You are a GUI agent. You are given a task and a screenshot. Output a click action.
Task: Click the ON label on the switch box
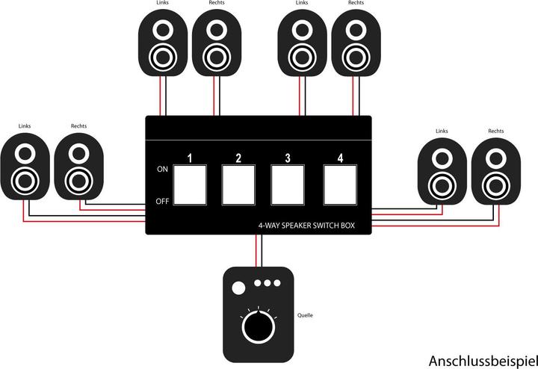(x=162, y=170)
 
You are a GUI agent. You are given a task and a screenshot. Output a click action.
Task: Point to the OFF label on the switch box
(x=162, y=201)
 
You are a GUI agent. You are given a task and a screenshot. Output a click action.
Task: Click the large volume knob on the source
(x=256, y=327)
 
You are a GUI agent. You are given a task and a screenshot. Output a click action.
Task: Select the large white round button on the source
(x=238, y=288)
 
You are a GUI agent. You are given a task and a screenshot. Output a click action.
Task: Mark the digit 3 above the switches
(x=288, y=158)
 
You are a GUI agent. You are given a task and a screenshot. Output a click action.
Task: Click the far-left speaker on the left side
(x=25, y=169)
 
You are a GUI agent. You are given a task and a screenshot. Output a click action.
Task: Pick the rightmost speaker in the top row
(x=356, y=45)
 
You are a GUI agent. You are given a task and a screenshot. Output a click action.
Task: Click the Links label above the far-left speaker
(x=24, y=125)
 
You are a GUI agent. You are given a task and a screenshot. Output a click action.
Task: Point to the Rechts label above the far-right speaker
(x=495, y=131)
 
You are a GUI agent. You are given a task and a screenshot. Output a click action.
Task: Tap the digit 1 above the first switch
(x=191, y=158)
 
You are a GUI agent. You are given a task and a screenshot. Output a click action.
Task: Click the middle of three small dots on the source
(x=267, y=284)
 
